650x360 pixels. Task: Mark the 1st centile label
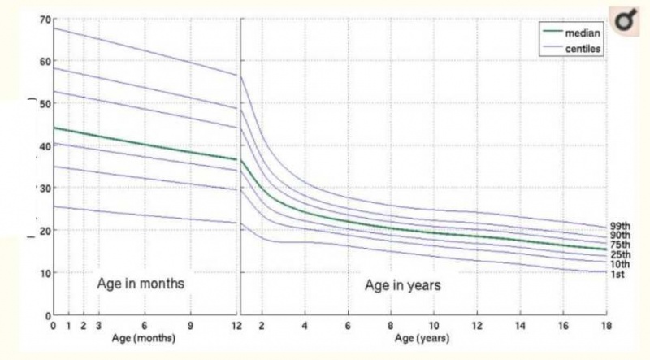(618, 275)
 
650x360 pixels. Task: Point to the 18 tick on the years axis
(604, 326)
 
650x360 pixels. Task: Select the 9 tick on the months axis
(191, 326)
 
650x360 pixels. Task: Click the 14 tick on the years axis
(519, 326)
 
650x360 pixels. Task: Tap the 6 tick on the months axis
(145, 326)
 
